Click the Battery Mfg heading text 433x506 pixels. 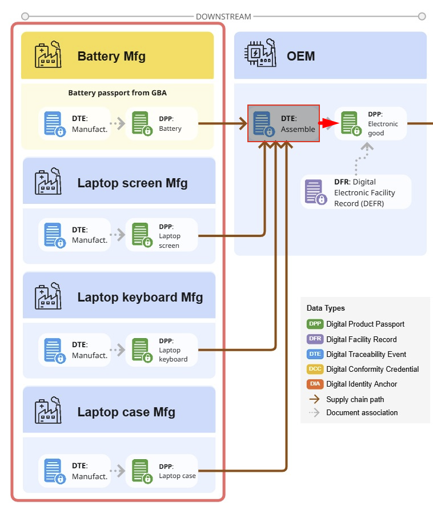[111, 56]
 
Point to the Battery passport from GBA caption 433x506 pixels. [117, 93]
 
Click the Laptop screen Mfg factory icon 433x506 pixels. [47, 181]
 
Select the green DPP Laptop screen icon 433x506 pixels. [141, 235]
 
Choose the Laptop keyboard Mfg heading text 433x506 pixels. [140, 297]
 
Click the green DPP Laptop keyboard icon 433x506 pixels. [141, 350]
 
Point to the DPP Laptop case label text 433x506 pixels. [177, 471]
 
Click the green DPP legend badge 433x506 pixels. [315, 324]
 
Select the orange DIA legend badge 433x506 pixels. [315, 384]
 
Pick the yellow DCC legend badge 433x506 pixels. [315, 369]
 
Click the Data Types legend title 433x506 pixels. [326, 308]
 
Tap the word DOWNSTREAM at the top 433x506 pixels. [223, 17]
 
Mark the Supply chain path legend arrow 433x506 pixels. [314, 399]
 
